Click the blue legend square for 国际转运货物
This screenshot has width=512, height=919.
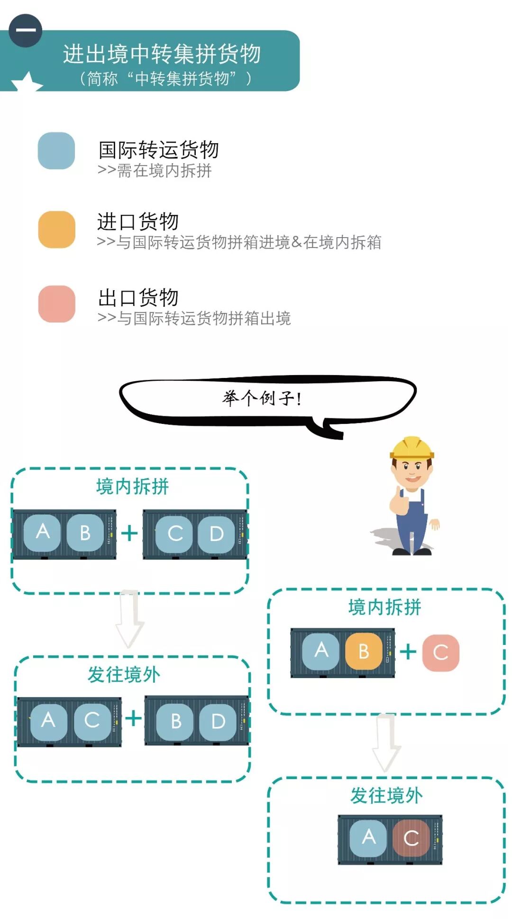tap(56, 151)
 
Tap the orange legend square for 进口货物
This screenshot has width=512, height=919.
tap(56, 230)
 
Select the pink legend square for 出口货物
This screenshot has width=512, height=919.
tap(56, 304)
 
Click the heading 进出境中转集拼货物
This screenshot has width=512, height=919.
tap(162, 54)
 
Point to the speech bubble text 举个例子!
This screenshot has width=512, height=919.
tap(262, 398)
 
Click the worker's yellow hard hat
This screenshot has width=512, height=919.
tap(411, 448)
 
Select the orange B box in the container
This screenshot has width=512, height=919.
tap(364, 651)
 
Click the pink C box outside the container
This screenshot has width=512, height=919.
tap(440, 652)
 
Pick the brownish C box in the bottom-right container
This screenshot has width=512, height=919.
tap(411, 838)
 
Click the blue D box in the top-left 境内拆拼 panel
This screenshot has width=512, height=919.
tap(217, 534)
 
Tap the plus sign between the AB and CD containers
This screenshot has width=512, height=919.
tap(129, 533)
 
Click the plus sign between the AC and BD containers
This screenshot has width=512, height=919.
tap(133, 718)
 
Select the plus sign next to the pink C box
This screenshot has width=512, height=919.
tap(408, 652)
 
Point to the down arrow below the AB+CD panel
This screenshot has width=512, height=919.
tap(130, 619)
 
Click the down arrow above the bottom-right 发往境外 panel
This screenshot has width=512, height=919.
tap(386, 742)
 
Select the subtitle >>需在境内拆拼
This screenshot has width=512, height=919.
tap(155, 170)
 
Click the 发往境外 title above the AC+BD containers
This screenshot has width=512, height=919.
tap(124, 674)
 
